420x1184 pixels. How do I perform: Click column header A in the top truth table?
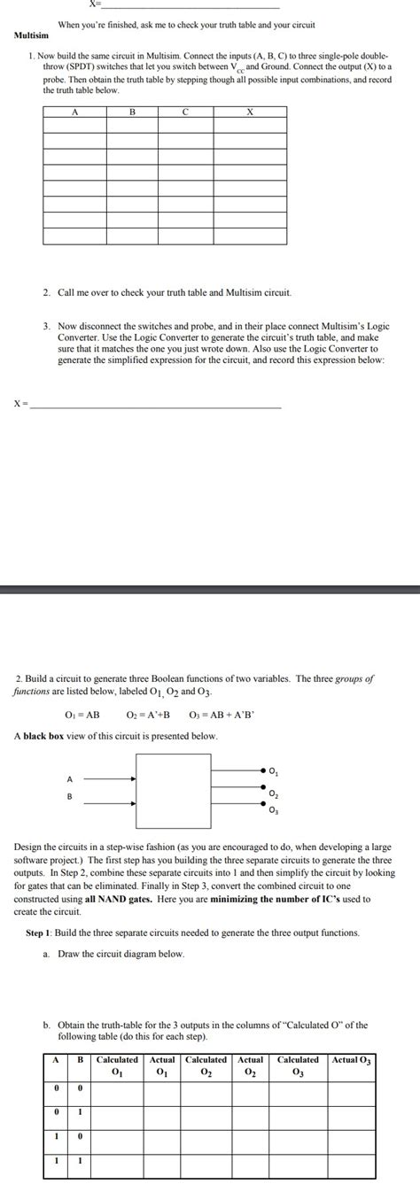point(74,112)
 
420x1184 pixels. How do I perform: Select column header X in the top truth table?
point(250,112)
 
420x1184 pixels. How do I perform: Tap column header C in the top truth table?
point(185,112)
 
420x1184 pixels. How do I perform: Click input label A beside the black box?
point(69,779)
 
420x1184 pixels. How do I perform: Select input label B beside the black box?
point(69,796)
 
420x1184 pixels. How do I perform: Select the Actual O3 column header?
point(352,1060)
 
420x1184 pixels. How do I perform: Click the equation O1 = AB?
point(82,714)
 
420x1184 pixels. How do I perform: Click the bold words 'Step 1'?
point(39,932)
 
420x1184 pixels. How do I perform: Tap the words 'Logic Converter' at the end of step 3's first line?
point(361,326)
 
